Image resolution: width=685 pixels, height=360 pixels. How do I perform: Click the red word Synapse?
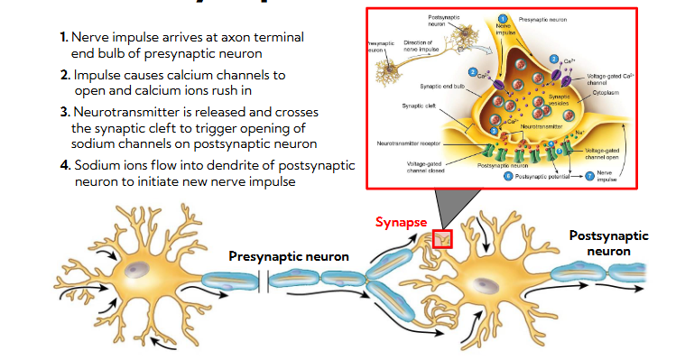[x=402, y=222]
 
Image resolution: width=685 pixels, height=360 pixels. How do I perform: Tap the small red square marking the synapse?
[x=443, y=239]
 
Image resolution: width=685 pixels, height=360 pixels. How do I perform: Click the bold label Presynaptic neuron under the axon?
[x=288, y=257]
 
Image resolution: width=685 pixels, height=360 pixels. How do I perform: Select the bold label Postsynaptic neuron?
[x=608, y=243]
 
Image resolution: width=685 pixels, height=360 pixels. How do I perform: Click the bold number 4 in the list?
[x=65, y=166]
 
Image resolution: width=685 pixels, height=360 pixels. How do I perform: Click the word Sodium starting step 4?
[x=97, y=166]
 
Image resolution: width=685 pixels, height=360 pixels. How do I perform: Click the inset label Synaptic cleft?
[x=419, y=106]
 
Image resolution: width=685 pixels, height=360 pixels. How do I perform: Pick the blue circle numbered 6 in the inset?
[x=509, y=177]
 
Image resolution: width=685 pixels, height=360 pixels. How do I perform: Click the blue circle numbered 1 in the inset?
[x=503, y=19]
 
